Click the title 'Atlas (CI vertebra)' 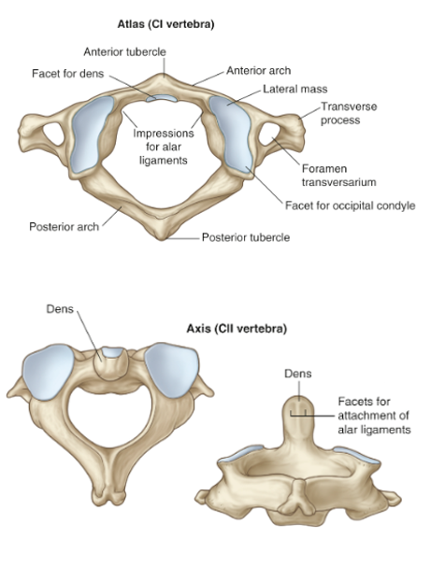(x=165, y=24)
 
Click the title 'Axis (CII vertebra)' (x=237, y=329)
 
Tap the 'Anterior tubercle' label (x=125, y=52)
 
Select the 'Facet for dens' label (x=67, y=74)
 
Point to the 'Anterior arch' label (x=258, y=70)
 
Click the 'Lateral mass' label (x=295, y=89)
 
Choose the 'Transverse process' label (x=349, y=113)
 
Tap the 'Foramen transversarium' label (x=338, y=176)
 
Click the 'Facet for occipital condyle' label (x=350, y=206)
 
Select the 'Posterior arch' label (x=65, y=227)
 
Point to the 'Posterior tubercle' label (x=246, y=237)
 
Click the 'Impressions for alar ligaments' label (x=164, y=147)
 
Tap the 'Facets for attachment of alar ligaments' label (x=374, y=416)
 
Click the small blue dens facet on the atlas (x=162, y=98)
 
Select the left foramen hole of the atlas (x=53, y=134)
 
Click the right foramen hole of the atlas (x=269, y=134)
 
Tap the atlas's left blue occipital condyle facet (x=92, y=134)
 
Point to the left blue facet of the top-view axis (x=48, y=373)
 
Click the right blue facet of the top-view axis (x=172, y=370)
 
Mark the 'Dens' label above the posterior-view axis (x=298, y=374)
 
